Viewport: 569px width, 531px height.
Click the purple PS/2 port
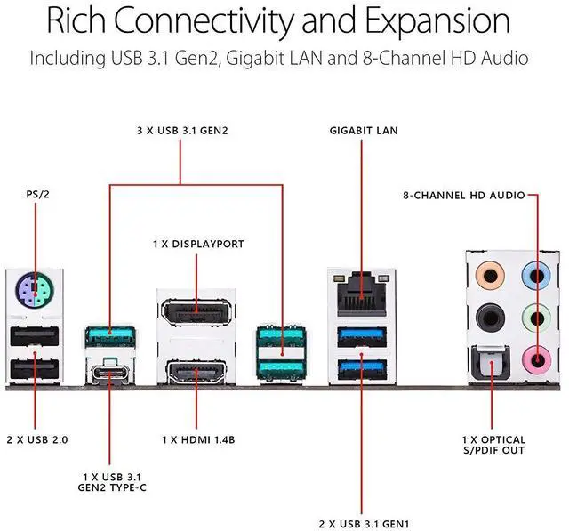(35, 289)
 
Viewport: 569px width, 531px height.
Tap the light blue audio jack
(532, 271)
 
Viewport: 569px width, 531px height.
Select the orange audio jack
(486, 271)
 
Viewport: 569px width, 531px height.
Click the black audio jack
(486, 314)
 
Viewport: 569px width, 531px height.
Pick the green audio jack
(532, 314)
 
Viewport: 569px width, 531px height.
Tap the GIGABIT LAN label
(363, 131)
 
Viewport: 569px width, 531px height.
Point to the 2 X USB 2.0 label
(36, 440)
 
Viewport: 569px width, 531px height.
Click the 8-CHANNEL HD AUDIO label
(463, 194)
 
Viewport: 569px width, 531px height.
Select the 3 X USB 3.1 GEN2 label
(182, 131)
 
